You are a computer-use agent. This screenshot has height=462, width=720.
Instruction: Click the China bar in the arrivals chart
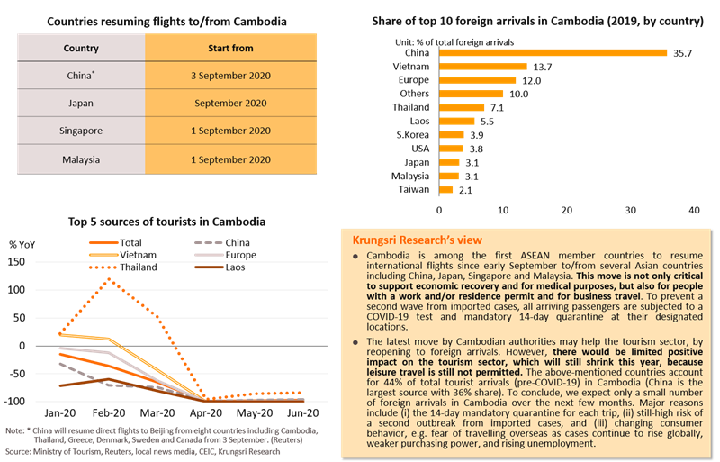pyautogui.click(x=553, y=52)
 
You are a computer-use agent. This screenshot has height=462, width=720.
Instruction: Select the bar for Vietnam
pyautogui.click(x=482, y=66)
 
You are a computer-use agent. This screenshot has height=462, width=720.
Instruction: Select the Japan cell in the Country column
pyautogui.click(x=80, y=103)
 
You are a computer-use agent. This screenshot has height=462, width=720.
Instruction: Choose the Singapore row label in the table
pyautogui.click(x=80, y=131)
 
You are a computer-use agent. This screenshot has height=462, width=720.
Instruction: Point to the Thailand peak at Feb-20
pyautogui.click(x=109, y=279)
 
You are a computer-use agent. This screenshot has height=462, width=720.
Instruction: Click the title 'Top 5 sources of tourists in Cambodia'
pyautogui.click(x=166, y=222)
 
